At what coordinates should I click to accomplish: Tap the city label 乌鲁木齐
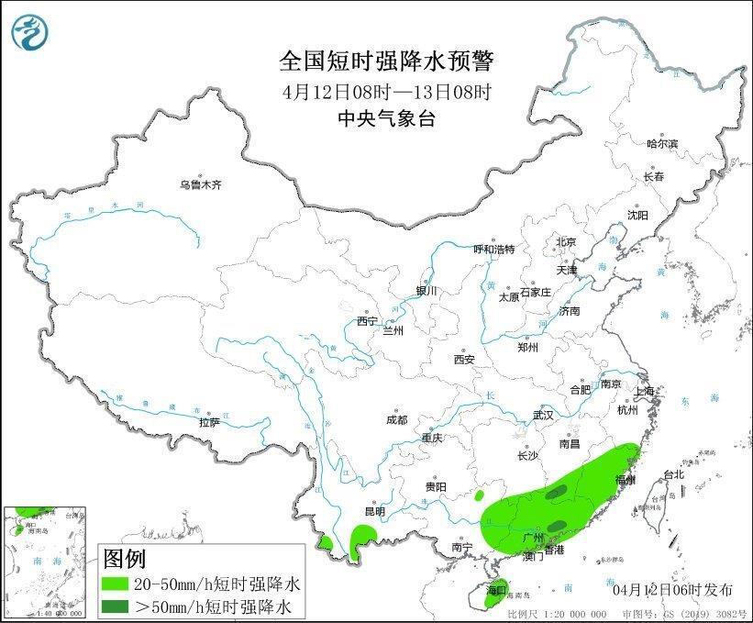[x=201, y=185]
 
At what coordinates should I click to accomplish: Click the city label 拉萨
[x=209, y=423]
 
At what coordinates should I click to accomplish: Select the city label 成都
[x=396, y=420]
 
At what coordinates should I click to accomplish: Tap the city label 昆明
[x=375, y=511]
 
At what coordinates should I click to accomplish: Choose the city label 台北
[x=673, y=474]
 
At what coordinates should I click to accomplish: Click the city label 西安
[x=464, y=360]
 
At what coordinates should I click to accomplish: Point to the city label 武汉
[x=543, y=416]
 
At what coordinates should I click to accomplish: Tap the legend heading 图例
[x=124, y=558]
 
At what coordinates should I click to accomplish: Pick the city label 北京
[x=565, y=242]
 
